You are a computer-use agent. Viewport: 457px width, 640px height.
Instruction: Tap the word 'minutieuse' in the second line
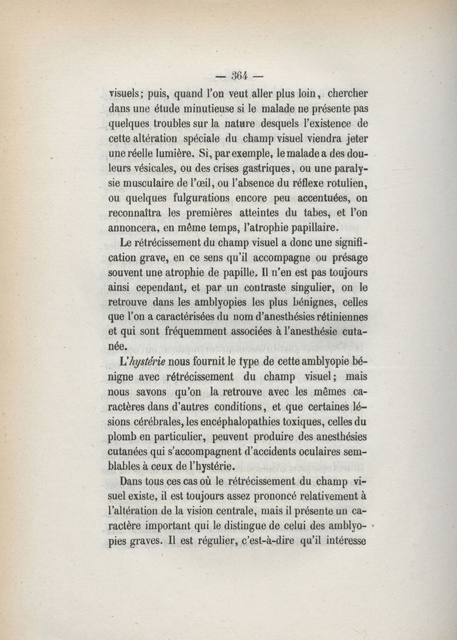tap(213, 107)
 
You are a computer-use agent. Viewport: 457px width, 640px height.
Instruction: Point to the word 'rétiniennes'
tap(338, 316)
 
